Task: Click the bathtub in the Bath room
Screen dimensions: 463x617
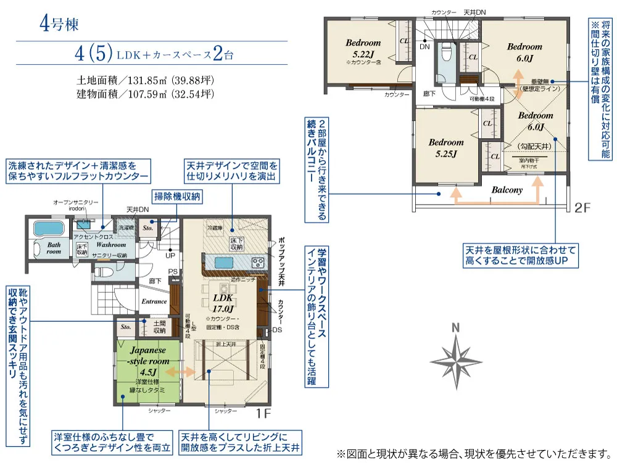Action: pyautogui.click(x=46, y=229)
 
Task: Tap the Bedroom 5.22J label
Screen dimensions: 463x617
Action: pyautogui.click(x=363, y=48)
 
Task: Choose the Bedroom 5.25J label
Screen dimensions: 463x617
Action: pyautogui.click(x=446, y=148)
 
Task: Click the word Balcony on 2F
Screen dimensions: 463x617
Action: pyautogui.click(x=507, y=191)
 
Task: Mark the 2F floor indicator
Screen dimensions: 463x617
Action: pyautogui.click(x=583, y=207)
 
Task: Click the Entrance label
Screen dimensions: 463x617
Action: pyautogui.click(x=154, y=301)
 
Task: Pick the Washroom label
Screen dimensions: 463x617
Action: pyautogui.click(x=111, y=245)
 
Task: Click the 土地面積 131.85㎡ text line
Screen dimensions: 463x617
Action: pyautogui.click(x=146, y=80)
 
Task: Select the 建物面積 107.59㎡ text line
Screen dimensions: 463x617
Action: pyautogui.click(x=146, y=94)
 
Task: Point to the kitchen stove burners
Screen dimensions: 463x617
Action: pyautogui.click(x=257, y=263)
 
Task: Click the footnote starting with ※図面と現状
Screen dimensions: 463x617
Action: pyautogui.click(x=474, y=454)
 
